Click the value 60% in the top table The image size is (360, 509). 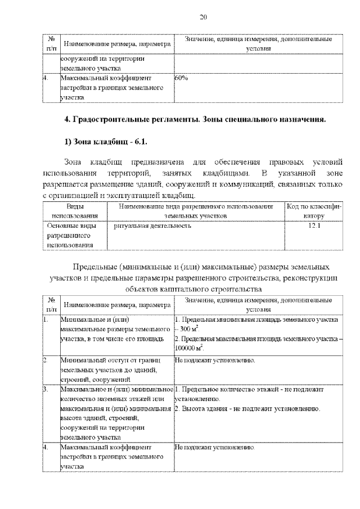tap(181, 79)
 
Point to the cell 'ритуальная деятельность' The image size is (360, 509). tap(152, 226)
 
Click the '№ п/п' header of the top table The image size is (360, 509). tap(52, 44)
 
